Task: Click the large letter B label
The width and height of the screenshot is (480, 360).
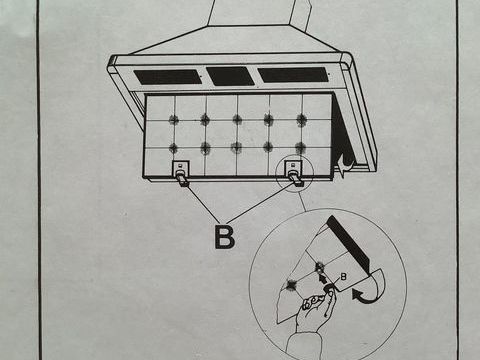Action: [225, 237]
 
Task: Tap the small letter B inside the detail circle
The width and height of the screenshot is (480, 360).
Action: [343, 276]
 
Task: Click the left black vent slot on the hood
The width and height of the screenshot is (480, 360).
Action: [168, 77]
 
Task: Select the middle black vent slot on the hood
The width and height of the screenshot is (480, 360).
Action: [230, 76]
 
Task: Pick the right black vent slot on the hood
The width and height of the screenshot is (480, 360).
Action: [293, 75]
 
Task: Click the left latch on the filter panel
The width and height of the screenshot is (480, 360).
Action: [181, 173]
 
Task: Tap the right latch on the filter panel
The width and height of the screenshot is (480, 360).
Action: [294, 172]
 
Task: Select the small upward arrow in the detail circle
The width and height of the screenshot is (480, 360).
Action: [323, 278]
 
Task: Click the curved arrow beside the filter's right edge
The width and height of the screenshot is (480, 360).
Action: [345, 166]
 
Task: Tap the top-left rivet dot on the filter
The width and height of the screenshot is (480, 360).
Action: [173, 119]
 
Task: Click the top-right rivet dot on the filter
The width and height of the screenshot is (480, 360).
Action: [301, 120]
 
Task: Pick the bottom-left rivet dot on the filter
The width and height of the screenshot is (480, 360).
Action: [173, 148]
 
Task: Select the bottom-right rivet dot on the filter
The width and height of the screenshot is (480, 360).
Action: [300, 148]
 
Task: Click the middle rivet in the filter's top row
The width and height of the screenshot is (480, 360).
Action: [237, 119]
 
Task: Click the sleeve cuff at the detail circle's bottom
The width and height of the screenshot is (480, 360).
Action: [304, 347]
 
